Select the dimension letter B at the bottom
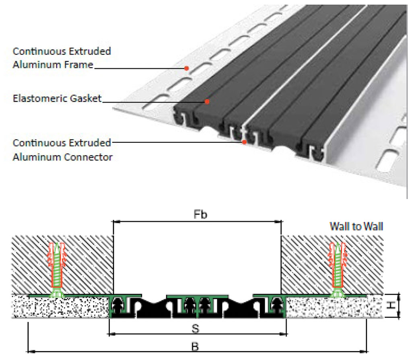tap(196, 346)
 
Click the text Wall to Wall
tap(356, 226)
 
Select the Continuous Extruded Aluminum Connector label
tap(62, 150)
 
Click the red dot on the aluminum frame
tap(187, 68)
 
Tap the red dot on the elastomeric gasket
tap(207, 102)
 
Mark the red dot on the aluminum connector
tap(244, 142)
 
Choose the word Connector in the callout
tap(88, 156)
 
